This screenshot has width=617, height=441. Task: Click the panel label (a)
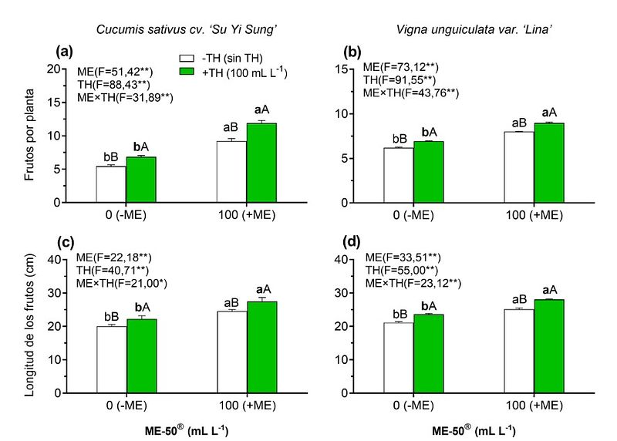[x=64, y=52]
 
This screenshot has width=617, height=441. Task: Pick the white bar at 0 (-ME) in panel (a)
[x=111, y=184]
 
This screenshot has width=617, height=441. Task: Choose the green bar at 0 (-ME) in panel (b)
[x=428, y=172]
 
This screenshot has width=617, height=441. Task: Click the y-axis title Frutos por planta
[x=29, y=136]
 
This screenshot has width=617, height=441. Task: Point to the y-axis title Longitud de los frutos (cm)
[x=29, y=326]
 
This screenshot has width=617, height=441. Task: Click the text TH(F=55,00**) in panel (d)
[x=401, y=271]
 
